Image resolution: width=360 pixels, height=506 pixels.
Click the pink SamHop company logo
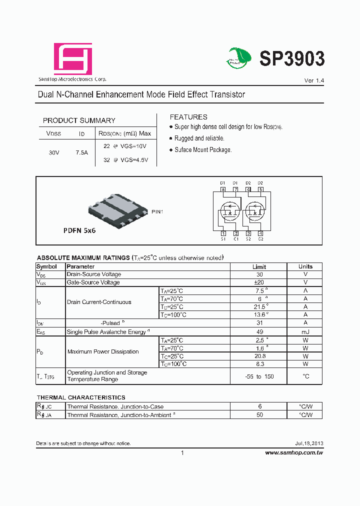tap(73, 58)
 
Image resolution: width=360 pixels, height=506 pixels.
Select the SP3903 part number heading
tap(292, 59)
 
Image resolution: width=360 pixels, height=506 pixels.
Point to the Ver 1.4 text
tap(314, 80)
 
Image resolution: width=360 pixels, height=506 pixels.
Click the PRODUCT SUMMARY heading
tap(79, 120)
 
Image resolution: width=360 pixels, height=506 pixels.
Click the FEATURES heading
tap(188, 117)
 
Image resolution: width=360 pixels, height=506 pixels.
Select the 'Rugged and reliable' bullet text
tap(199, 138)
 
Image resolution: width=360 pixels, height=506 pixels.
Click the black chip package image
tap(117, 209)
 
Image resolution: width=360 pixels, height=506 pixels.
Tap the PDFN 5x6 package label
tap(79, 231)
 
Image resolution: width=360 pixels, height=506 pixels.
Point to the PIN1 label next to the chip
tap(157, 212)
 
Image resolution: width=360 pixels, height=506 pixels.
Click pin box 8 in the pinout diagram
tap(223, 189)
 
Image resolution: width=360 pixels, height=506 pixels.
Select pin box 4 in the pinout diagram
tap(260, 233)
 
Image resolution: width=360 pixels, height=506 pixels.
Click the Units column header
tap(305, 266)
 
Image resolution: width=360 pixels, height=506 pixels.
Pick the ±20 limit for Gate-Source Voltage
tap(259, 282)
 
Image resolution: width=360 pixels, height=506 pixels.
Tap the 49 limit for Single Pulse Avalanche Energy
tap(259, 331)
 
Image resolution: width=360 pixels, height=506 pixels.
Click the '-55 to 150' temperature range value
tap(259, 376)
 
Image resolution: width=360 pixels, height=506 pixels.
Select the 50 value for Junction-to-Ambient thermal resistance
tap(259, 415)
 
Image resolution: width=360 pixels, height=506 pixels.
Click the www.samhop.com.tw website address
tap(294, 452)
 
